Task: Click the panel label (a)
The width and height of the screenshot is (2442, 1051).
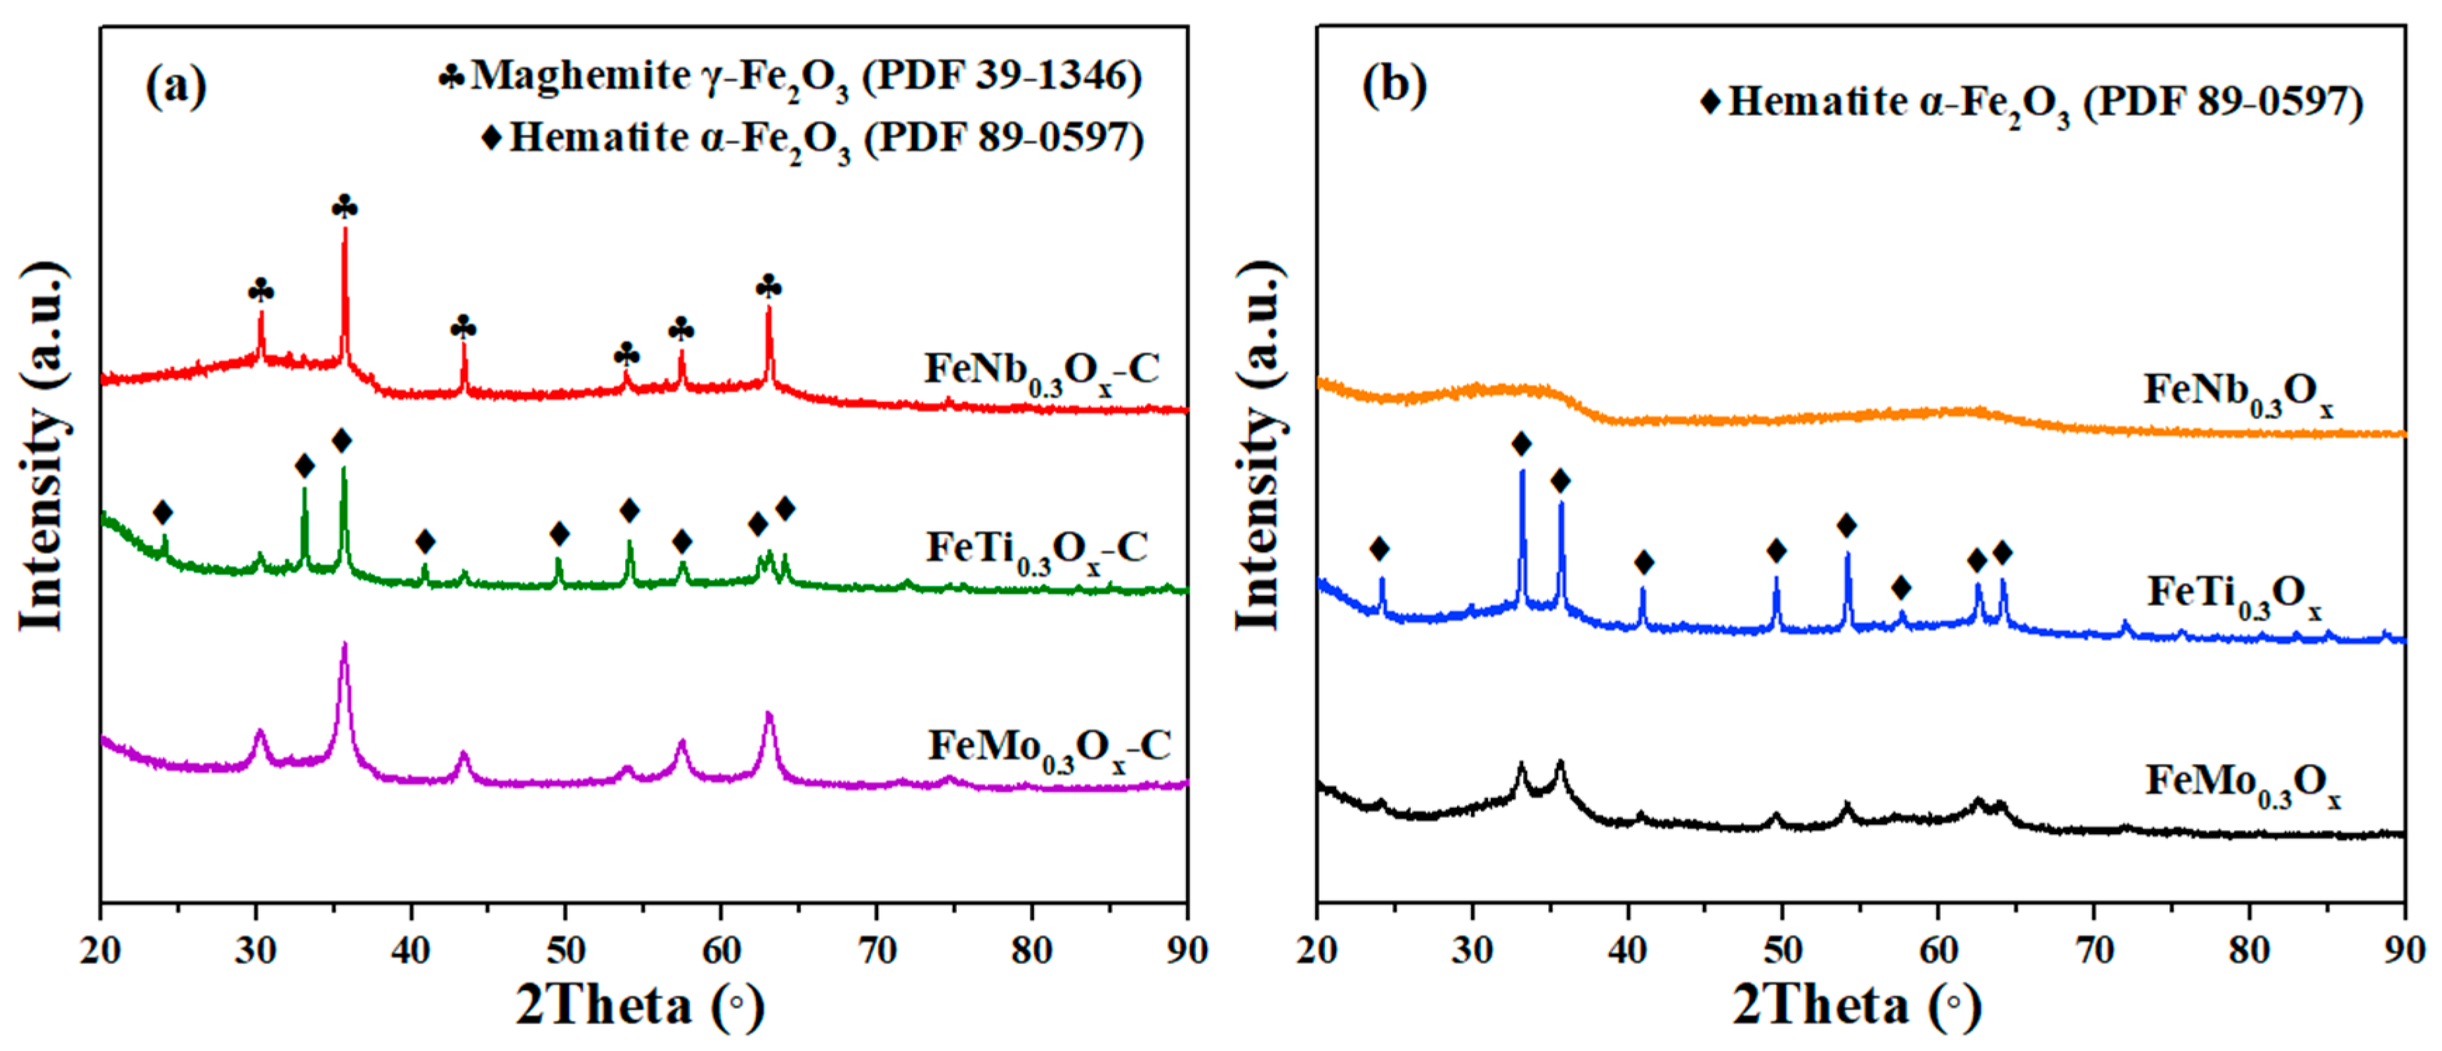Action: point(176,87)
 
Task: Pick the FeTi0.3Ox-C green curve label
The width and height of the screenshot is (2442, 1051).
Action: point(1037,550)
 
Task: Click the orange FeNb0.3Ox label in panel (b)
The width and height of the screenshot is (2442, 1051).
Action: point(2238,393)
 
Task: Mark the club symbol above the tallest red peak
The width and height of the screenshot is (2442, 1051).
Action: point(345,206)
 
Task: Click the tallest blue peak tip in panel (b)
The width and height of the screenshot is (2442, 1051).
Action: point(1522,471)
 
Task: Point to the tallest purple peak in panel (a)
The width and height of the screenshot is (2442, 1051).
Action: point(344,645)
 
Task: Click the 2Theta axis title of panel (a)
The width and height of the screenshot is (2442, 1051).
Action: point(640,1007)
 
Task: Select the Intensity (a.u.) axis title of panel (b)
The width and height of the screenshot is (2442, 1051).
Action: point(1258,445)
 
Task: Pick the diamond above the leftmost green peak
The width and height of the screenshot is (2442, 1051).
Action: point(163,513)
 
